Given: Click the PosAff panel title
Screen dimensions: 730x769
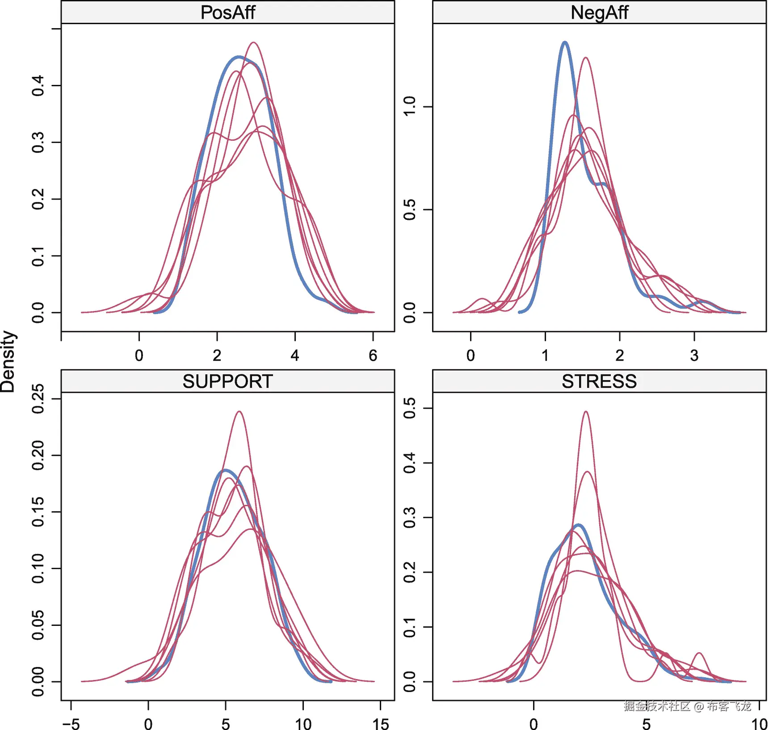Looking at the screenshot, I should [227, 13].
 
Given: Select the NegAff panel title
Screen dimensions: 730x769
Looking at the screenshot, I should [599, 13].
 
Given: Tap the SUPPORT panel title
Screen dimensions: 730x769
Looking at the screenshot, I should [227, 382].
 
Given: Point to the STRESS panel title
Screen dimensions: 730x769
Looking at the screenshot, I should [599, 382].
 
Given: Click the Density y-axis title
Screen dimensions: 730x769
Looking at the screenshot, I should [8, 362].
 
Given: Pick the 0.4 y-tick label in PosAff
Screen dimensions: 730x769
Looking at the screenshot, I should [38, 85].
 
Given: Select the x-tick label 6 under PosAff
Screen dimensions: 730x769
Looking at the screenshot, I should [373, 356].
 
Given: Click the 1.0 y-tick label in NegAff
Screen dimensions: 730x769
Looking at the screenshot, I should [409, 107].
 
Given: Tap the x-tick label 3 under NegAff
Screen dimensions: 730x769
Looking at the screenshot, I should [694, 356].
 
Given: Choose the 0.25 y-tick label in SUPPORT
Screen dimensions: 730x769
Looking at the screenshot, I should [38, 399].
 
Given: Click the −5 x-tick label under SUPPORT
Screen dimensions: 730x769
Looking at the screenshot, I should [71, 724].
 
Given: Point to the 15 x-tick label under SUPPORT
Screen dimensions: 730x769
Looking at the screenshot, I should [380, 724].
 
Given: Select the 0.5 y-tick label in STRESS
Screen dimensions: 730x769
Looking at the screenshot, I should [409, 408].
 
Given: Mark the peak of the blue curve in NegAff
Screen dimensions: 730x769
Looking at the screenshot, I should [565, 42].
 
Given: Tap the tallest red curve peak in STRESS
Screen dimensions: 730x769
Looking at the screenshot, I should [586, 412].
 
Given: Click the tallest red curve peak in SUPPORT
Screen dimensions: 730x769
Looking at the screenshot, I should [240, 411].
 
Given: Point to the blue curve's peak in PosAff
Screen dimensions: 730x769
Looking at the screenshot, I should [239, 57].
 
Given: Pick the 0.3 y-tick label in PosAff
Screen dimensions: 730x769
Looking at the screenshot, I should [38, 142].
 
